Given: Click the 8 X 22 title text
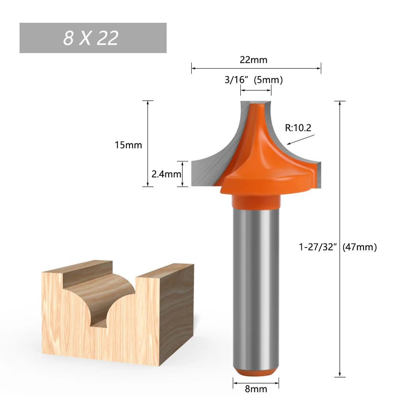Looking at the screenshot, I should click(91, 38).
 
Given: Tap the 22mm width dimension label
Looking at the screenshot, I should click(253, 60).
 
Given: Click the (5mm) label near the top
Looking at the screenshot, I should click(268, 80).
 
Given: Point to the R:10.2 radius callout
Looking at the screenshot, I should click(298, 127).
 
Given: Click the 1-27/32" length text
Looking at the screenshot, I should click(319, 247).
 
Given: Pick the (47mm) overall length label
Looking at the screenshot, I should click(359, 247).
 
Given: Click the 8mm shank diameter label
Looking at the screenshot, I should click(256, 389).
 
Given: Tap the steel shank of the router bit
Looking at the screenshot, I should click(256, 284).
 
